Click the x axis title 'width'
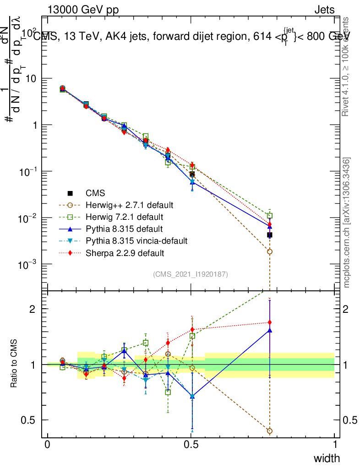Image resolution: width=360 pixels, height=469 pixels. [326, 458]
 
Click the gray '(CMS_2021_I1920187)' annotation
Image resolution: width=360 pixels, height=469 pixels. [191, 274]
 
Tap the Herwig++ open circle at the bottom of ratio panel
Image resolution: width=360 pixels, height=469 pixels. [270, 431]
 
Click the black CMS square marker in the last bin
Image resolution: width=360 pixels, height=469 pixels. [270, 235]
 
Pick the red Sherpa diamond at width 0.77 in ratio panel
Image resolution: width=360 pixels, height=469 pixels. [270, 322]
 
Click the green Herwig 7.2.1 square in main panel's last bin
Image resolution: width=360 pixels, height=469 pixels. [270, 216]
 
